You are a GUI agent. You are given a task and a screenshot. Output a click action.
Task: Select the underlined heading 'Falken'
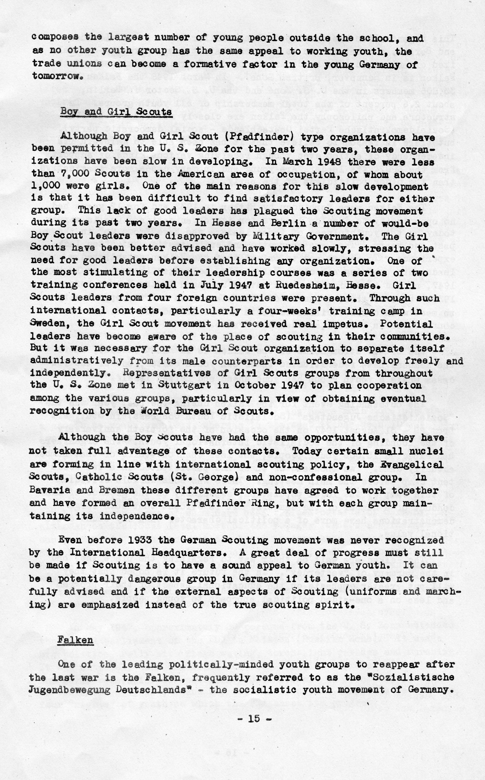point(75,631)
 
